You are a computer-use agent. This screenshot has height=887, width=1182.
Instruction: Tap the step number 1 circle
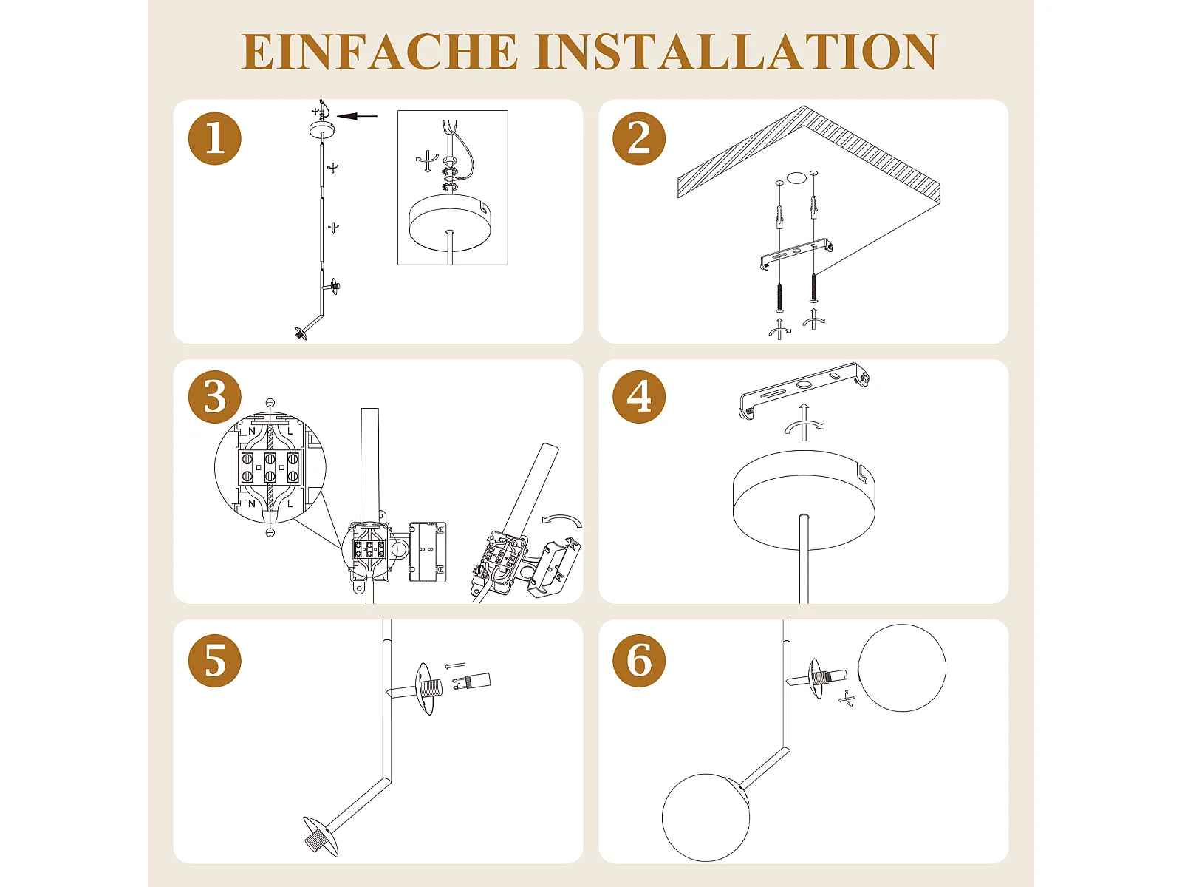click(x=214, y=138)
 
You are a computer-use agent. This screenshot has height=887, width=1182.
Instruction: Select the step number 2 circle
click(x=639, y=138)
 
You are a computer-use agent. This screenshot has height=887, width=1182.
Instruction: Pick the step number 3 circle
click(x=214, y=397)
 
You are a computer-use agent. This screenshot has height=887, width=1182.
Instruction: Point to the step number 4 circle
click(x=639, y=397)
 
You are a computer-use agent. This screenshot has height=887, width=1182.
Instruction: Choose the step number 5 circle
click(x=214, y=661)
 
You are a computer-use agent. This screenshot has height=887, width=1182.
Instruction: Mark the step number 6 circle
click(x=639, y=661)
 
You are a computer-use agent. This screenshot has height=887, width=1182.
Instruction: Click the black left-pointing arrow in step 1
click(x=357, y=116)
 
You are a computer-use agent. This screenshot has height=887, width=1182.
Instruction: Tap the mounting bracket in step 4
click(x=804, y=389)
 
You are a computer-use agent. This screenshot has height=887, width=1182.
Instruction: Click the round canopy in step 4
click(x=804, y=500)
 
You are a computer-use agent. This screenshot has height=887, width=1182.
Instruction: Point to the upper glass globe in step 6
click(x=902, y=667)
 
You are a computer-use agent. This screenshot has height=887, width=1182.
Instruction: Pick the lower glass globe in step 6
click(x=706, y=818)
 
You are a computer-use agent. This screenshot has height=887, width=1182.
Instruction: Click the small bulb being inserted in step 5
click(x=472, y=682)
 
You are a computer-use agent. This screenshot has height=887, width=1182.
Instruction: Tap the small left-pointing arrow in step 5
click(x=456, y=666)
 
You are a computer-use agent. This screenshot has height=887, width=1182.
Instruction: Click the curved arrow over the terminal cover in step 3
click(x=561, y=520)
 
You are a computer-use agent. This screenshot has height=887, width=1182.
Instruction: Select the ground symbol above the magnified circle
click(x=270, y=403)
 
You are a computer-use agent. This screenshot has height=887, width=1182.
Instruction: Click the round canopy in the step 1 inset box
click(x=450, y=222)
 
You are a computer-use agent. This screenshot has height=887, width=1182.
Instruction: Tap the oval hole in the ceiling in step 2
click(x=796, y=177)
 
